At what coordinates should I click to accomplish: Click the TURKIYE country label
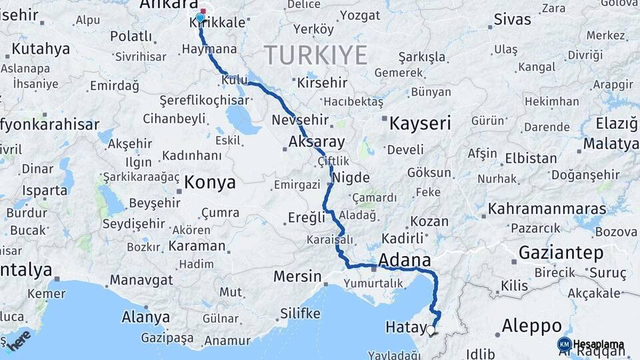pos(317,55)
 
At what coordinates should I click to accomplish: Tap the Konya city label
pos(210,181)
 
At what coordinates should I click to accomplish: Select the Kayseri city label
pos(420,123)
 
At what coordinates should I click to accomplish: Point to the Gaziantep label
pos(561,253)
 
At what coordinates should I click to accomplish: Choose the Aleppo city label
pos(531,327)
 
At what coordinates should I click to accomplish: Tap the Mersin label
pos(298,275)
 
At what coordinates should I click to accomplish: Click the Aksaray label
pos(317,142)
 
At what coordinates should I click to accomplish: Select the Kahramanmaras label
pos(547,209)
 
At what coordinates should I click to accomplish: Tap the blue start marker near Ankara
pos(200,17)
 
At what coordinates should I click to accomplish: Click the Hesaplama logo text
pos(598,345)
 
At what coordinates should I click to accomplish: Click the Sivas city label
pos(512,19)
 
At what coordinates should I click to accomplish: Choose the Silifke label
pos(300,313)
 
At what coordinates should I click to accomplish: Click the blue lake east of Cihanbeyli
pos(242,120)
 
